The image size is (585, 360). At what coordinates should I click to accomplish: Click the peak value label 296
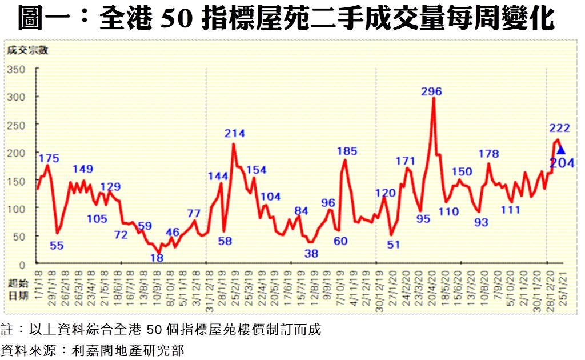[431, 91]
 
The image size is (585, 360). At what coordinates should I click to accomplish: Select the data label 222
[560, 128]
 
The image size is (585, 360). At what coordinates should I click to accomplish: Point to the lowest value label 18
[157, 258]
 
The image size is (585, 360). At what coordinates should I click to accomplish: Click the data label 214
[234, 133]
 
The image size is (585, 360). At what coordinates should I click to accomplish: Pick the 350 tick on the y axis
[17, 69]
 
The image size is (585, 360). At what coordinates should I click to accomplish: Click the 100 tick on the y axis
[17, 209]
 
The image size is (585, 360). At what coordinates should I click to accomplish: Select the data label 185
[347, 151]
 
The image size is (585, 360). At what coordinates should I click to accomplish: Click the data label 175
[49, 158]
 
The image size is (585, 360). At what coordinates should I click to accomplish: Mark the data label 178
[488, 154]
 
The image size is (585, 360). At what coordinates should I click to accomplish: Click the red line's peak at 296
[434, 98]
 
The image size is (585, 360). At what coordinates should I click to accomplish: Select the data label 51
[393, 245]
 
